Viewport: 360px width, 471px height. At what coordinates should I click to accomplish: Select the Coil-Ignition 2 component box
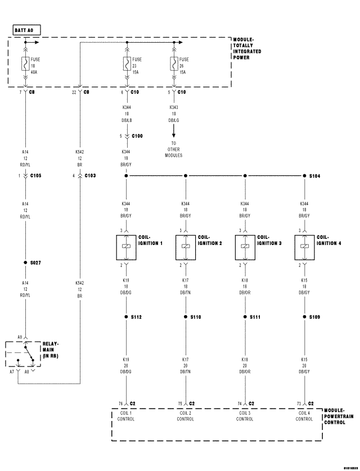click(x=186, y=247)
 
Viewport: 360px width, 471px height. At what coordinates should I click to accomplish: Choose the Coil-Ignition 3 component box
click(x=245, y=247)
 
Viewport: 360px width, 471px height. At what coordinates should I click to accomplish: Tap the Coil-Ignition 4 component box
click(x=304, y=247)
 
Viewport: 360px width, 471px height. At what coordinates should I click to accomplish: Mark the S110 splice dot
click(x=186, y=317)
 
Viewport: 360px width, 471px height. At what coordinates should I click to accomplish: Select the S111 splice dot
click(x=245, y=317)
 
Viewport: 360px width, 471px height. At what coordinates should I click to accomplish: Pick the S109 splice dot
click(x=304, y=317)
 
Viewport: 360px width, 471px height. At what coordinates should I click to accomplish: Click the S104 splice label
click(x=317, y=176)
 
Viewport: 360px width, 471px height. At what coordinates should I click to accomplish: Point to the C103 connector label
click(x=91, y=175)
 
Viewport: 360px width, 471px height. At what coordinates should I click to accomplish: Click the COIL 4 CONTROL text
click(x=304, y=416)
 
